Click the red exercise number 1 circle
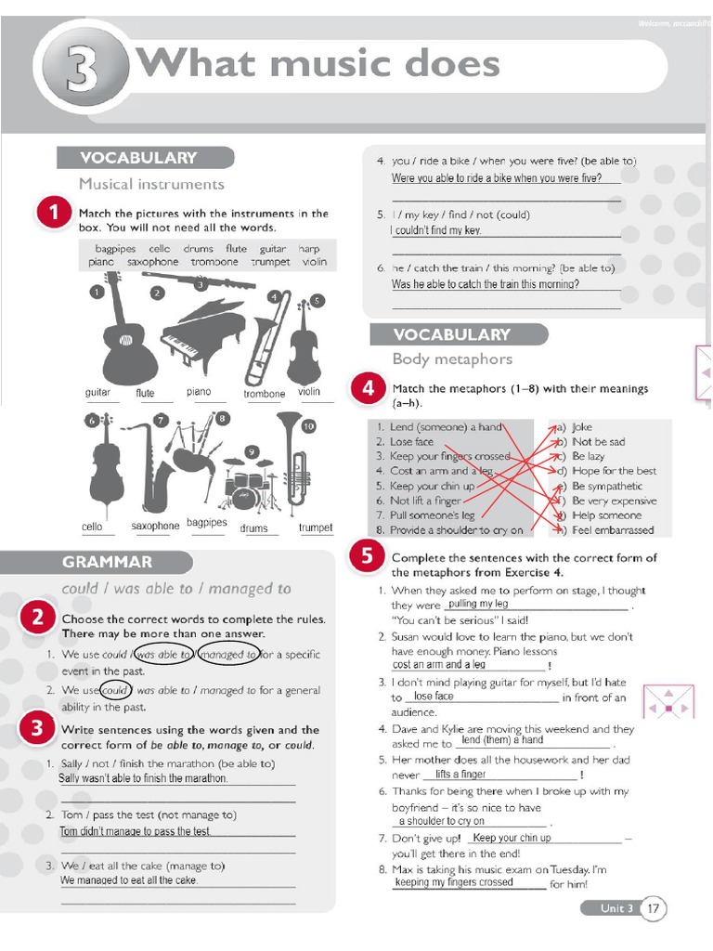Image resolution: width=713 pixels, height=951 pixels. (x=54, y=213)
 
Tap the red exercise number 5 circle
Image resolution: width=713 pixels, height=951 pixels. (x=367, y=557)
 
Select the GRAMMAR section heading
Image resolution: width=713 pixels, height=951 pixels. (x=108, y=562)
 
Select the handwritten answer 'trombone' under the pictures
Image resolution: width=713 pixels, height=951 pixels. (x=265, y=394)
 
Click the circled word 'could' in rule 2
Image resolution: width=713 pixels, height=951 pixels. (x=114, y=690)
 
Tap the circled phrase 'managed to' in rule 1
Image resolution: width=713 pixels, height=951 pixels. (x=228, y=654)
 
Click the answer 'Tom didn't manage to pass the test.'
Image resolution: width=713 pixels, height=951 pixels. (x=136, y=831)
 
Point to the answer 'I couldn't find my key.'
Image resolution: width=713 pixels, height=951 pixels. (x=436, y=230)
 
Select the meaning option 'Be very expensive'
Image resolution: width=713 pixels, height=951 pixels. (x=614, y=501)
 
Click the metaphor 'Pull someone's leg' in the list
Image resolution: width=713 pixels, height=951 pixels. (x=432, y=515)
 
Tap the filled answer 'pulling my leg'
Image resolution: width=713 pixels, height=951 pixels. (x=478, y=605)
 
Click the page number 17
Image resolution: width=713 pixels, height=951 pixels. (x=654, y=908)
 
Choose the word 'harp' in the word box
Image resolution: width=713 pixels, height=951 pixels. (x=308, y=249)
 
